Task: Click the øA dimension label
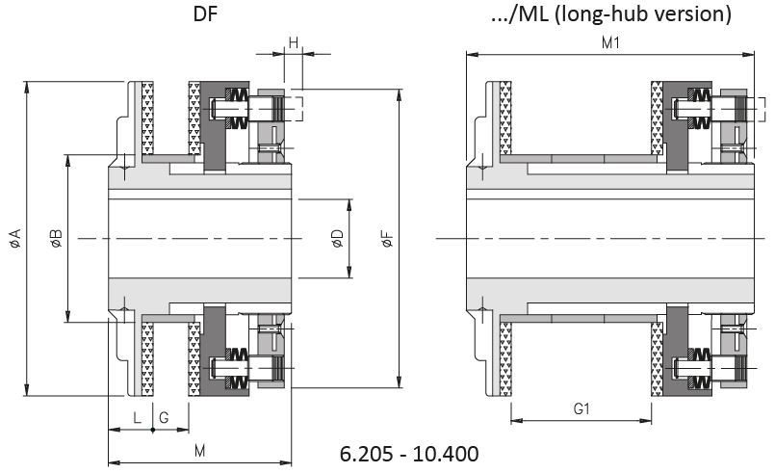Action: point(14,238)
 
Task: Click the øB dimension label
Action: point(56,238)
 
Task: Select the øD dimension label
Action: point(336,239)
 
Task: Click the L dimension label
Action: point(137,416)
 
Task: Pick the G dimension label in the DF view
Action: point(164,416)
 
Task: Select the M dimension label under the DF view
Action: point(199,450)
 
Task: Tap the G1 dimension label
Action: point(581,408)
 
